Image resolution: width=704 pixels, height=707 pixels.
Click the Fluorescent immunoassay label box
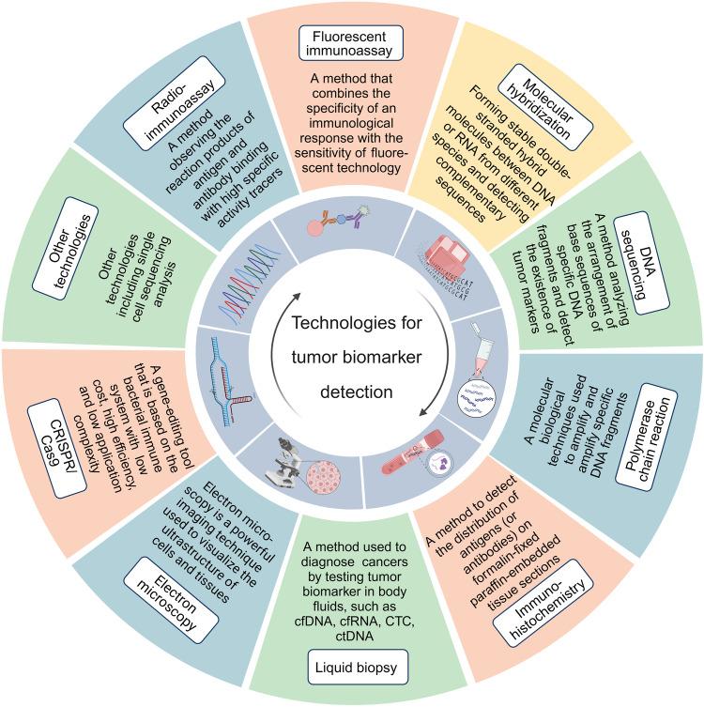tap(349, 43)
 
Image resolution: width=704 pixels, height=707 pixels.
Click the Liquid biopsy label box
tap(358, 667)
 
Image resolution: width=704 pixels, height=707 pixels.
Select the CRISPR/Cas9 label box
tap(56, 445)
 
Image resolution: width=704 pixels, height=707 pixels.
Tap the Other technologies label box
tap(65, 248)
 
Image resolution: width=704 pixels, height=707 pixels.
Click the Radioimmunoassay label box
tap(175, 103)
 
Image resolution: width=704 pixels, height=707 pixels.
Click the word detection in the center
tap(357, 392)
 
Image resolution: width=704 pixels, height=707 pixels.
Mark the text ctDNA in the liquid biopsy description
tap(355, 637)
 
